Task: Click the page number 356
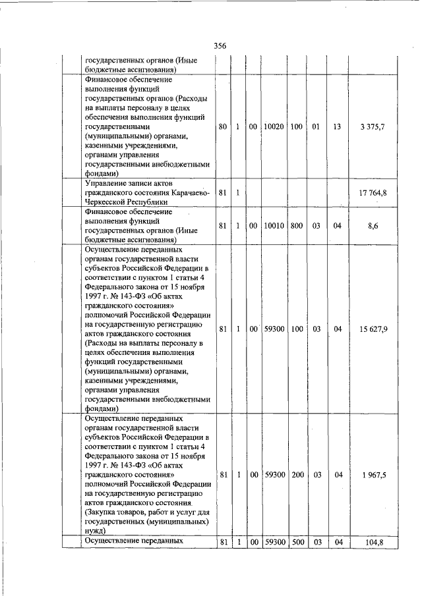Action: coord(220,45)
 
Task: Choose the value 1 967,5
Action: coord(373,474)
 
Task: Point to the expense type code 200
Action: coord(296,474)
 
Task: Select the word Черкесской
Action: coord(106,202)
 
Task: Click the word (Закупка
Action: coord(103,512)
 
